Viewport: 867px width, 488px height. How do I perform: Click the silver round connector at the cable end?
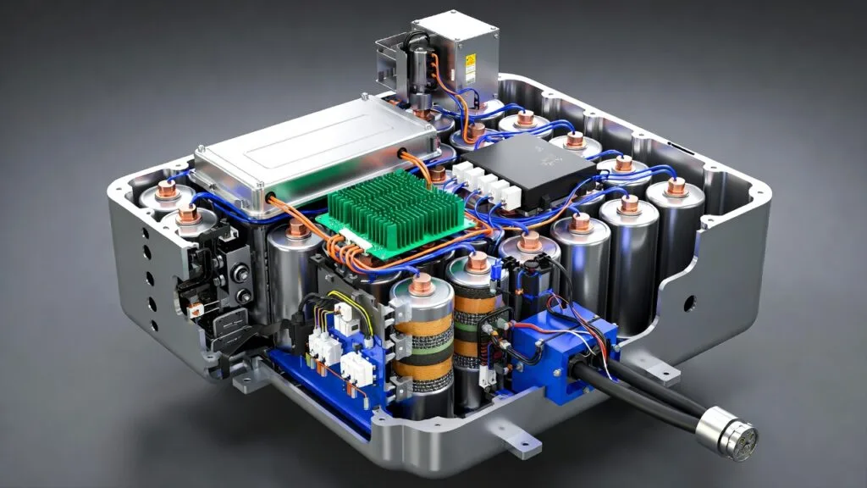726,430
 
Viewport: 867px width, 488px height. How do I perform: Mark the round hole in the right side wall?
688,301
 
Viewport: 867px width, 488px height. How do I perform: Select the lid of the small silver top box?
455,29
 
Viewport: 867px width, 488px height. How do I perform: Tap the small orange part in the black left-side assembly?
196,309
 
